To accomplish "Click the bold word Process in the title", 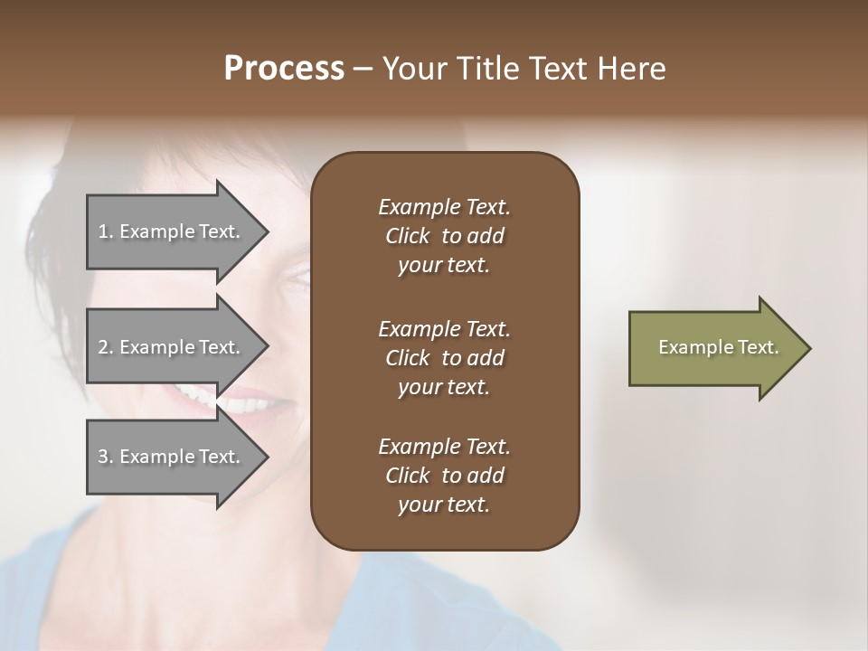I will point(284,69).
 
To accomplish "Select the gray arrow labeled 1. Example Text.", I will point(172,231).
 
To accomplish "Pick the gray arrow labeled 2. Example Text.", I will point(172,347).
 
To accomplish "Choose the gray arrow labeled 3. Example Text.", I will point(172,457).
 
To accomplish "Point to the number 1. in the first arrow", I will point(106,231).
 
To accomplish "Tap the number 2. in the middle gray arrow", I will point(106,347).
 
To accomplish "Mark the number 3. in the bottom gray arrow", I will point(106,457).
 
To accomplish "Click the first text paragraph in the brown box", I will point(444,236).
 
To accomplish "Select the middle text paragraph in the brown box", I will point(444,357).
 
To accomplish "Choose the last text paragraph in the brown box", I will point(444,476).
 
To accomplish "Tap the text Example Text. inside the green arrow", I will point(719,347).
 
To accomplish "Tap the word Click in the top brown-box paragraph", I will point(407,236).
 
